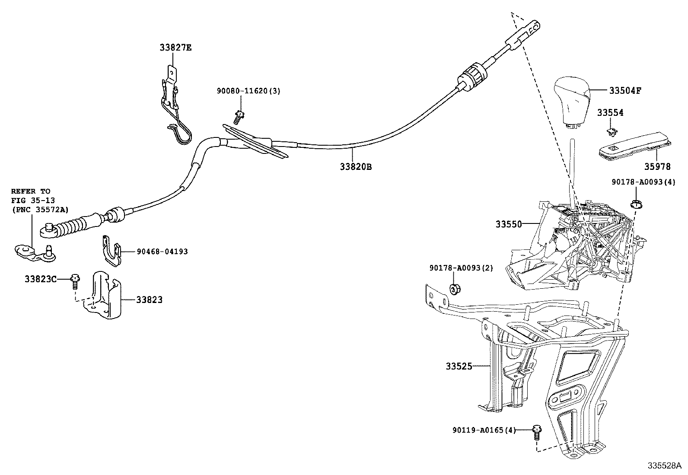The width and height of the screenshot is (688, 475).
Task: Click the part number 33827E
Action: click(175, 48)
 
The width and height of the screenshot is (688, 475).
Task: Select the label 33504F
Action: click(625, 91)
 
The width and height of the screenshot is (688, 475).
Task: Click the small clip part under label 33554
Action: click(611, 130)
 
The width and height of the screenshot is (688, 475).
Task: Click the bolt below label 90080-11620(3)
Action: click(238, 117)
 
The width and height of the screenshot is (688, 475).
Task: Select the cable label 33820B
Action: click(355, 166)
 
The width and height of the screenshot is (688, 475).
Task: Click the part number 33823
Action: click(149, 300)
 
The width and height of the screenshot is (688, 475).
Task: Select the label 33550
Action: click(509, 224)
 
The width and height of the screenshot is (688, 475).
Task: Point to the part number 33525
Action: click(459, 366)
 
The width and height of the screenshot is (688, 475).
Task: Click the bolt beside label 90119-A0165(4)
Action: click(537, 431)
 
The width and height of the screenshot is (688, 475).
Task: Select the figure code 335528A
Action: click(664, 466)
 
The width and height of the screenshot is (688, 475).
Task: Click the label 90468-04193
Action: click(162, 252)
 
